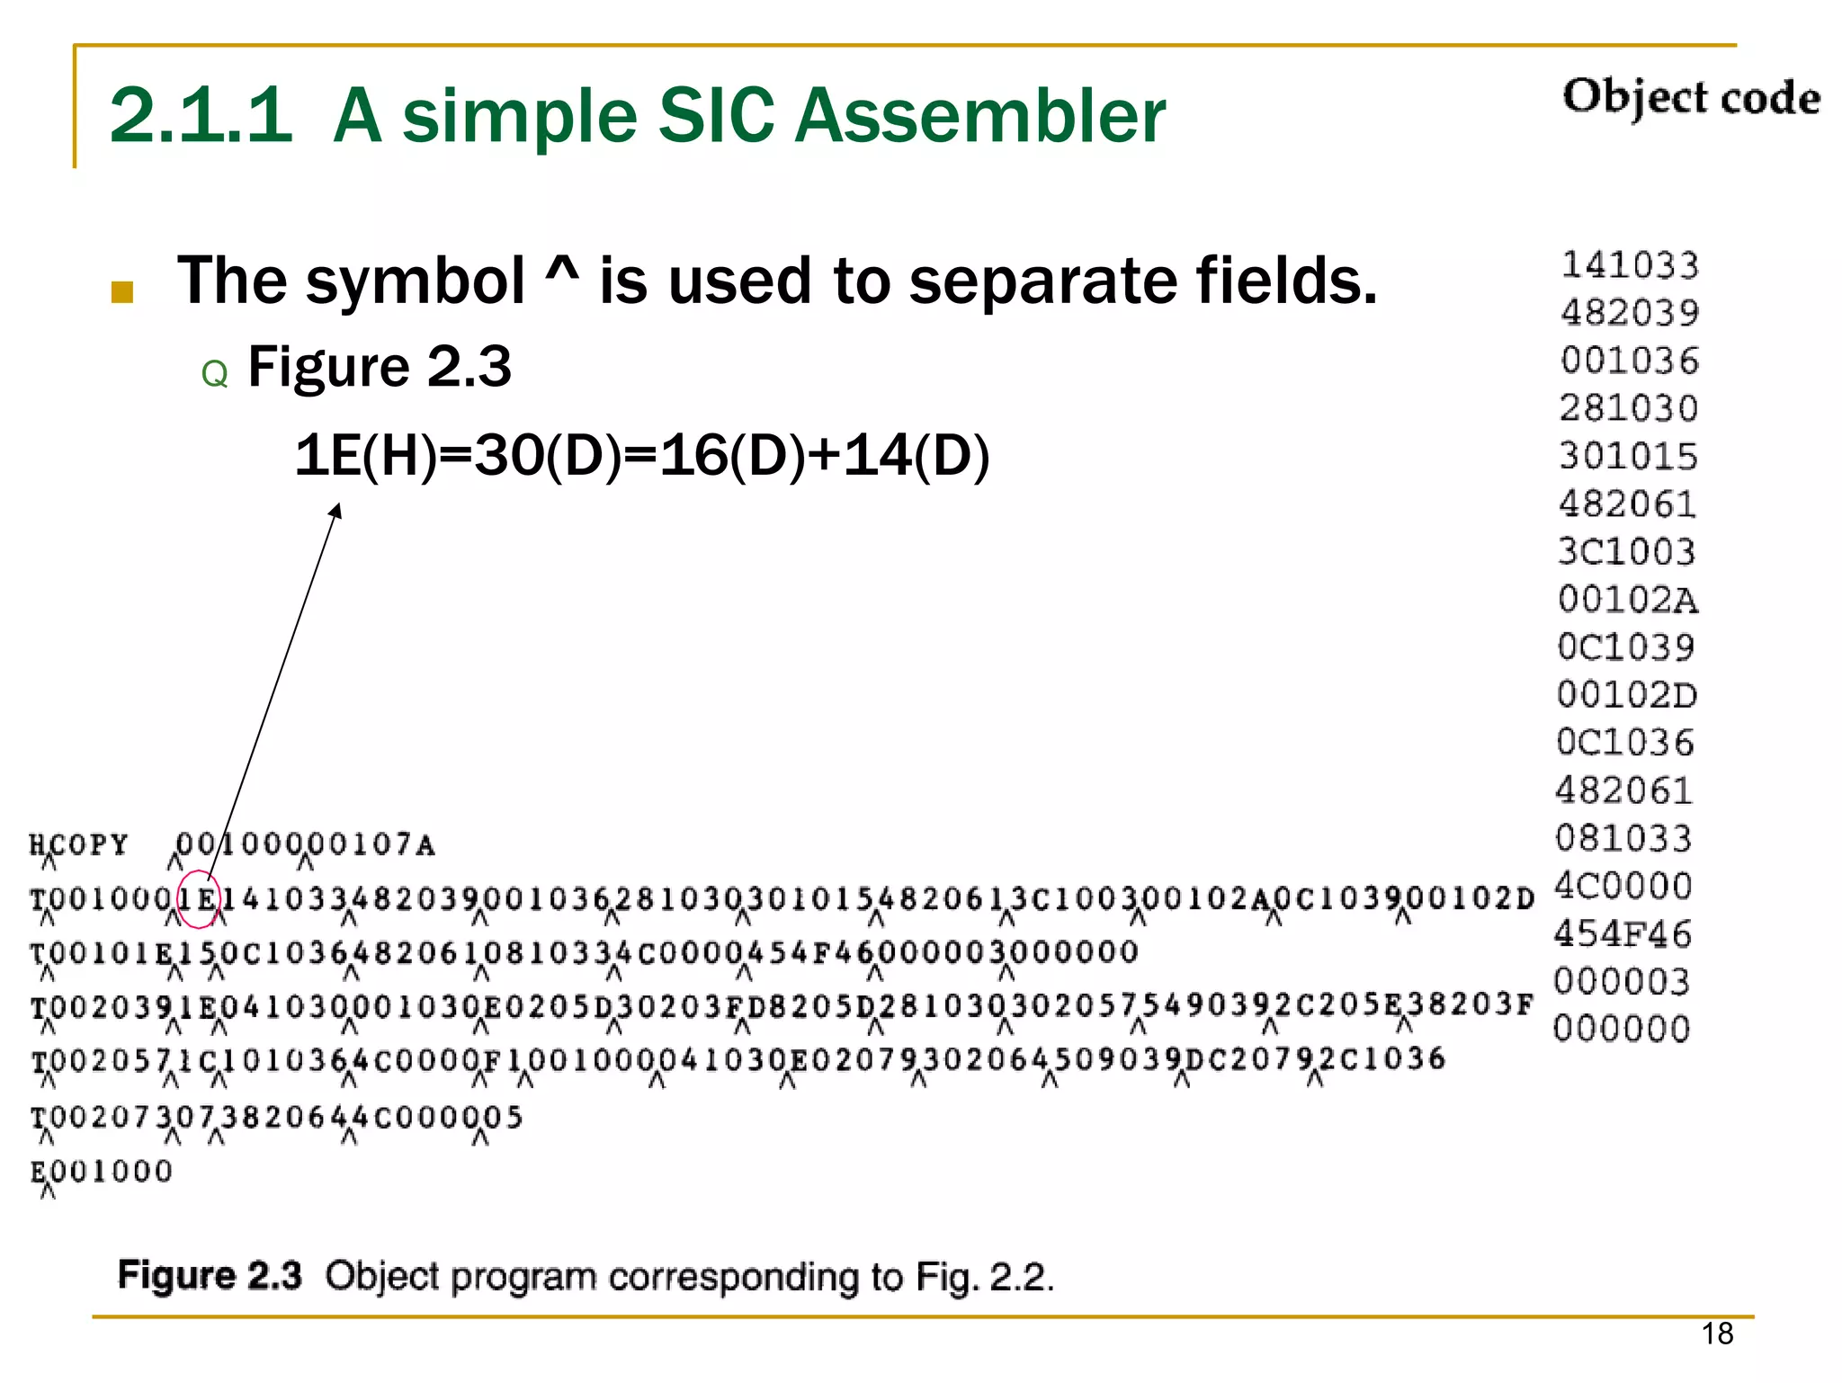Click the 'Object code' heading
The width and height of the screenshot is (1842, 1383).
1691,97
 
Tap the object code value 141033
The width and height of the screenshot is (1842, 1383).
1630,265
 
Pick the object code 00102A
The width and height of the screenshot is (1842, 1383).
1628,600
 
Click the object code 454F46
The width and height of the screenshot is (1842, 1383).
1623,934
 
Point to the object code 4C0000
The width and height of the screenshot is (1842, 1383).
1623,887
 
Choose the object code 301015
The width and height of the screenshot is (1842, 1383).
1629,457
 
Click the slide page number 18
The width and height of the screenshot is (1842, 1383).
1717,1334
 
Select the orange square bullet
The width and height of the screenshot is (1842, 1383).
122,291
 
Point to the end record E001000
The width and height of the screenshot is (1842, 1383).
101,1172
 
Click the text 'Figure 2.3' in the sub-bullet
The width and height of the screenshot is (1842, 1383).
379,367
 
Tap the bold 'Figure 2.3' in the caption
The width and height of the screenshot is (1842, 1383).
210,1276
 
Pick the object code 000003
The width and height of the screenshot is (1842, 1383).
1622,982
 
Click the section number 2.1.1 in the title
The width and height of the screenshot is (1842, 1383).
201,117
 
